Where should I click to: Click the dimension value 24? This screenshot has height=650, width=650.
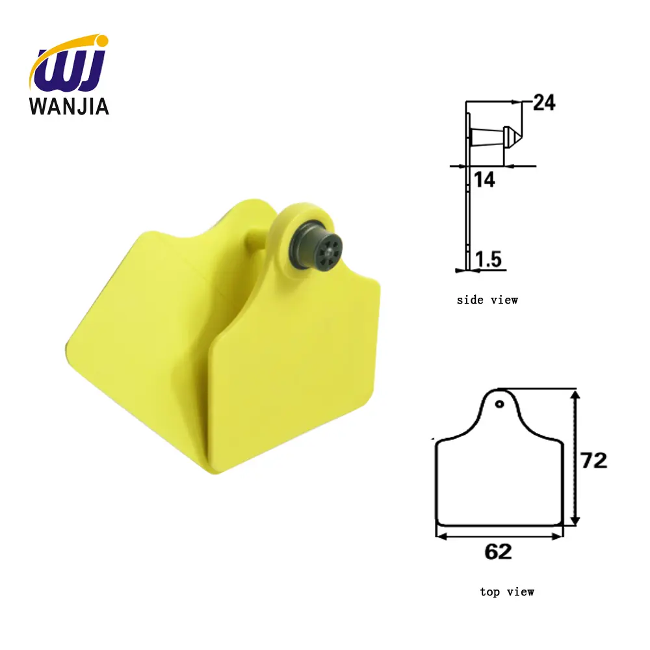(x=544, y=103)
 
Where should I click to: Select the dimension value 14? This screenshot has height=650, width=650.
(x=484, y=180)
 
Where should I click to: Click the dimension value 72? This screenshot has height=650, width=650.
(x=593, y=460)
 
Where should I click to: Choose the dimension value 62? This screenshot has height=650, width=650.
(x=498, y=552)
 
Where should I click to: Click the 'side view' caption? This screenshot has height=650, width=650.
(x=487, y=300)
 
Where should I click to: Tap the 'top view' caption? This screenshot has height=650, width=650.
(x=507, y=591)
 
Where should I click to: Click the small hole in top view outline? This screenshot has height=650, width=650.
(x=499, y=404)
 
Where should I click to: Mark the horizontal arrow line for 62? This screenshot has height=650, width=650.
(x=499, y=535)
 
